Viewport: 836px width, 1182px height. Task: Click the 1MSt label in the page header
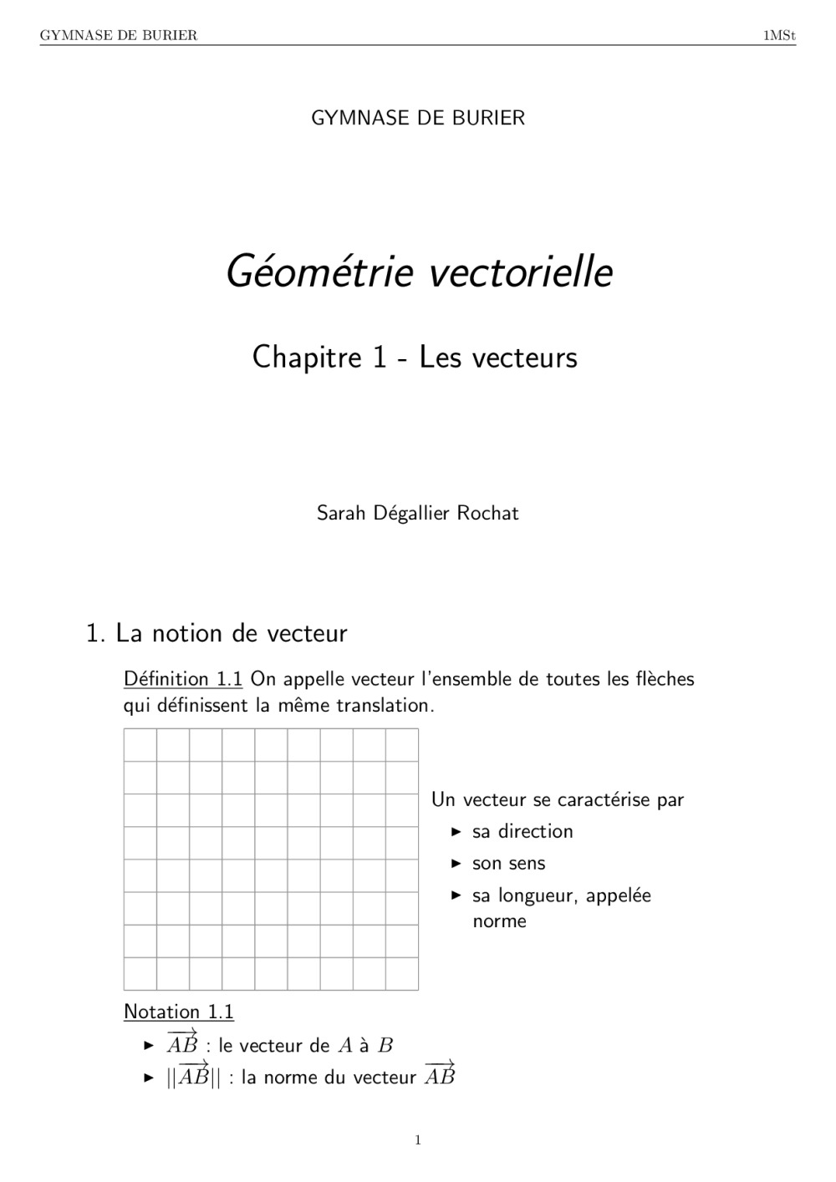tap(779, 35)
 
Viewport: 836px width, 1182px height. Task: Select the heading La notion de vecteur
tap(231, 633)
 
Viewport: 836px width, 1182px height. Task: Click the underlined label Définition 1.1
tap(182, 678)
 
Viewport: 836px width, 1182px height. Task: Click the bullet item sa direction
tap(522, 831)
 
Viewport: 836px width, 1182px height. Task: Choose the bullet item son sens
tap(508, 863)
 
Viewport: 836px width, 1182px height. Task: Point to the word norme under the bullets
tap(499, 921)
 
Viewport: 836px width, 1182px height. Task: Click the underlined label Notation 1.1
tap(178, 1012)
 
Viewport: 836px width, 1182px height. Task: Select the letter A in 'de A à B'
tap(345, 1046)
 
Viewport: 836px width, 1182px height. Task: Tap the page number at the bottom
tap(418, 1140)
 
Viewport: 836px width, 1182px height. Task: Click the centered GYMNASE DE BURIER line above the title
tap(418, 118)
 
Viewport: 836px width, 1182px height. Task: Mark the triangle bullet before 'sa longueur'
tap(456, 895)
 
